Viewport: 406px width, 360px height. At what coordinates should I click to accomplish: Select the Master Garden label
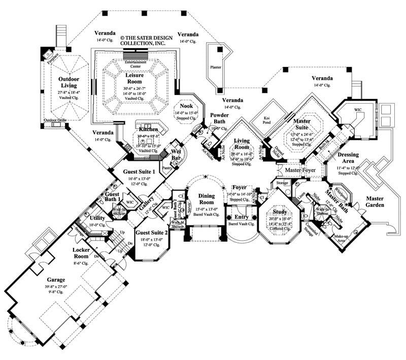pyautogui.click(x=377, y=202)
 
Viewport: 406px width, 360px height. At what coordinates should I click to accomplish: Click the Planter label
pyautogui.click(x=215, y=67)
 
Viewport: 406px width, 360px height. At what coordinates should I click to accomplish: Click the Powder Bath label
pyautogui.click(x=220, y=118)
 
